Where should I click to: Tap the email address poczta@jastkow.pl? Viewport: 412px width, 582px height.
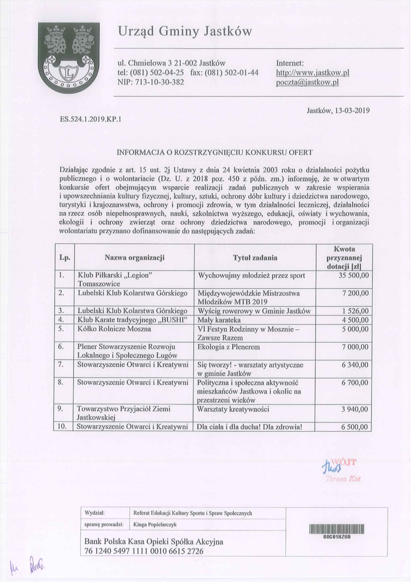click(306, 82)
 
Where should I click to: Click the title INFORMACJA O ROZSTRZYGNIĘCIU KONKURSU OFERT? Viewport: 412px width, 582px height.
click(215, 152)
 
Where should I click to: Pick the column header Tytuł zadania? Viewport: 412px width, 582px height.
click(255, 257)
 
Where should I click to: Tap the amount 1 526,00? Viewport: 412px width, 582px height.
click(354, 310)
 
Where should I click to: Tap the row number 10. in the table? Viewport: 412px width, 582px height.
click(62, 426)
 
